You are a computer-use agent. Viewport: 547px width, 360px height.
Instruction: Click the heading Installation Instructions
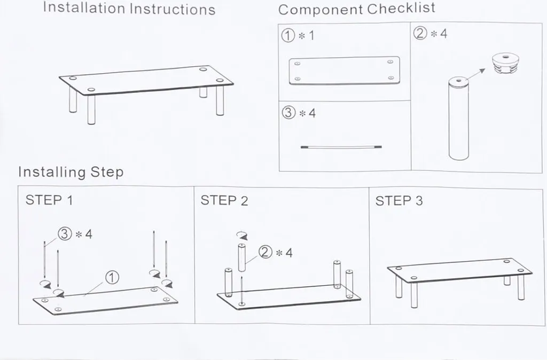tap(129, 9)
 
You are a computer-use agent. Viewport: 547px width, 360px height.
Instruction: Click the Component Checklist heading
tap(356, 9)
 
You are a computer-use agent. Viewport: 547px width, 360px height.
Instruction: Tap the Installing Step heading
tap(71, 172)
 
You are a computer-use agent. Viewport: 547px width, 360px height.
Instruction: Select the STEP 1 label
tap(49, 200)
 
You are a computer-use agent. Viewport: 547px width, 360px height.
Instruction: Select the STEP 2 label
tap(224, 201)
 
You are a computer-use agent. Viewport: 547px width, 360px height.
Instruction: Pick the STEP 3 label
tap(398, 201)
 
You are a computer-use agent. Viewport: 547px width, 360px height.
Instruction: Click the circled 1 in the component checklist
tap(288, 36)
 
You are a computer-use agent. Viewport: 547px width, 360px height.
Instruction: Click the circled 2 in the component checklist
tap(420, 34)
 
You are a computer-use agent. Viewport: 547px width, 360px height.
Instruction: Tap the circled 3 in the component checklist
tap(288, 113)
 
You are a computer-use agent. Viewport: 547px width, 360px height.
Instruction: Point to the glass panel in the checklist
tap(345, 71)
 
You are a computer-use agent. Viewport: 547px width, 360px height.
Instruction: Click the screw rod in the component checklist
tap(341, 147)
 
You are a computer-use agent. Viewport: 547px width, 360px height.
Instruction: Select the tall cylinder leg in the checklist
tap(458, 119)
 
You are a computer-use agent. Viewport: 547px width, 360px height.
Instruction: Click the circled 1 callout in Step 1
tap(112, 278)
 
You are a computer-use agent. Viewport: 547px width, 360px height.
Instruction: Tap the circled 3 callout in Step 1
tap(65, 234)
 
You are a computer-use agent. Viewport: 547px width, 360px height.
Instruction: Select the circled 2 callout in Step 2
tap(265, 252)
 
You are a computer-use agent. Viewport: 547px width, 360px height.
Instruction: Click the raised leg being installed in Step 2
tap(242, 258)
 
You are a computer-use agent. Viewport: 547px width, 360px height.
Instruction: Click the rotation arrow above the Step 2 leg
tap(242, 236)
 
